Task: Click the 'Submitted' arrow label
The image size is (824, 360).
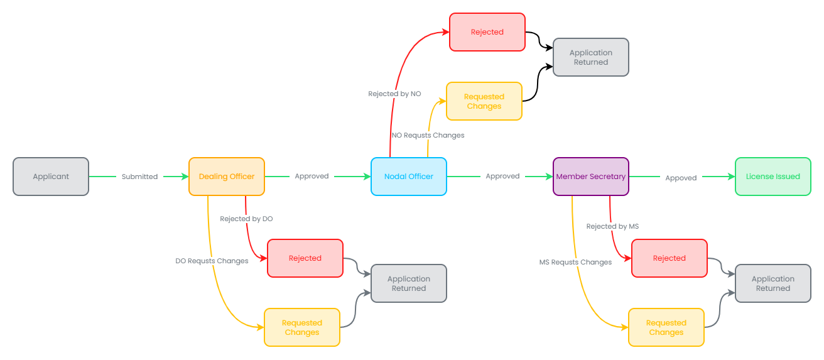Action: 139,177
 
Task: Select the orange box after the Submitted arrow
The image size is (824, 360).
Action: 227,177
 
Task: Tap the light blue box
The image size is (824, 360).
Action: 409,177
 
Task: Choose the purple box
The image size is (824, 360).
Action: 591,177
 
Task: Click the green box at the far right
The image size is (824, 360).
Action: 773,177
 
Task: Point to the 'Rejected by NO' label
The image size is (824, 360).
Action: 394,94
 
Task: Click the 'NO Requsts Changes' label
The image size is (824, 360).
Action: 428,135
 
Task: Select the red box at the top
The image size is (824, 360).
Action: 487,32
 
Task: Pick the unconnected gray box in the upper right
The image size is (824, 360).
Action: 591,57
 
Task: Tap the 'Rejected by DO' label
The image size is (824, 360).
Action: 246,219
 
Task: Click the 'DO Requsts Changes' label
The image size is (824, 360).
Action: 212,261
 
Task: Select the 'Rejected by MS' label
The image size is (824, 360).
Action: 612,226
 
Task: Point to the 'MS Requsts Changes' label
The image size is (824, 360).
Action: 575,262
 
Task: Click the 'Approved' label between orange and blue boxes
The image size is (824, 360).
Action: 312,177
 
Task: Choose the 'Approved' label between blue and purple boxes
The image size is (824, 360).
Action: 502,177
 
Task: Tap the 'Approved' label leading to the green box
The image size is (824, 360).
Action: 681,178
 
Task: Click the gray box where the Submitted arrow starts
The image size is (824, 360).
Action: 51,177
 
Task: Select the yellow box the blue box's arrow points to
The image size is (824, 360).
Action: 484,101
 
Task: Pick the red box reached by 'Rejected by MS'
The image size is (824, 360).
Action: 669,258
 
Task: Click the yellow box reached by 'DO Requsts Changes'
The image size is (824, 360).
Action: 302,327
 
